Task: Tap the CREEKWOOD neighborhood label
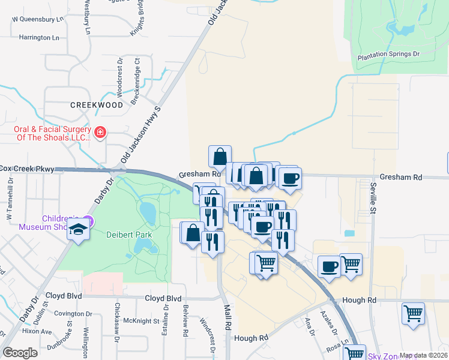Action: [96, 104]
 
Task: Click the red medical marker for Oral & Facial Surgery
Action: [100, 132]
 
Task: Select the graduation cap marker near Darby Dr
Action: [78, 229]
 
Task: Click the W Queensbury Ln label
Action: [38, 19]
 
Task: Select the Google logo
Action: [20, 353]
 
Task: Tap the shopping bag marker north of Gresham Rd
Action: [220, 156]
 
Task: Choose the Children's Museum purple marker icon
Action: [88, 220]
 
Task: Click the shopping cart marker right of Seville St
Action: [413, 314]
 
